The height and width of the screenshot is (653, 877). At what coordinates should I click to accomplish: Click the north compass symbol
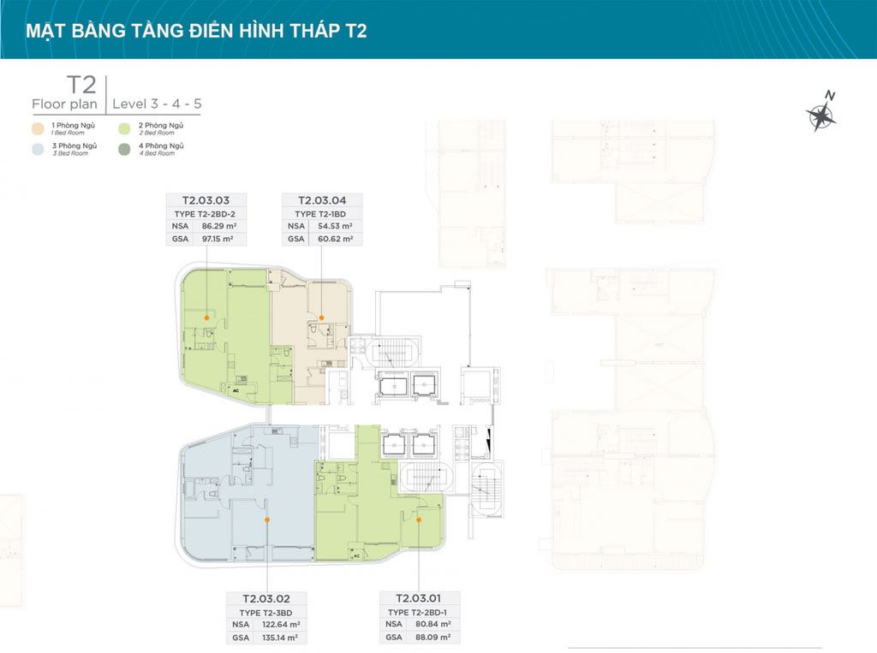(821, 114)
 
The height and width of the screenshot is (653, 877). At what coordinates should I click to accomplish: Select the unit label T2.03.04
(322, 199)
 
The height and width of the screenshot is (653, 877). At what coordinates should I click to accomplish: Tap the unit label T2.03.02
(266, 598)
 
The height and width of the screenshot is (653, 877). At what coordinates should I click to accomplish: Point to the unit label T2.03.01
(420, 597)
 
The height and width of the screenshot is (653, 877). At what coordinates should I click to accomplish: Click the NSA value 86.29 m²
(218, 226)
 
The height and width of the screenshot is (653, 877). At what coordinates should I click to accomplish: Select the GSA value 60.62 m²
(335, 240)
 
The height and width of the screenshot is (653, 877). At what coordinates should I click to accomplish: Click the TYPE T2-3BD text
(266, 612)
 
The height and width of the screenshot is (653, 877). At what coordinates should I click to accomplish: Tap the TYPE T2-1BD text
(322, 213)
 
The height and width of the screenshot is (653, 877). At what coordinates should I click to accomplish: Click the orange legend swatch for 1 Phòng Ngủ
(38, 128)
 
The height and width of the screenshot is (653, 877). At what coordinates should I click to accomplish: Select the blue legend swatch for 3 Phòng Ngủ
(38, 149)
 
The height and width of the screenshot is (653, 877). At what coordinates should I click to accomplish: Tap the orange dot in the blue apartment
(267, 519)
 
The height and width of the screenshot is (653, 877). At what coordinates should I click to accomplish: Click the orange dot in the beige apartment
(321, 315)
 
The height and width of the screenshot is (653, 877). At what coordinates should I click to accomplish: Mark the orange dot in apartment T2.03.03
(206, 317)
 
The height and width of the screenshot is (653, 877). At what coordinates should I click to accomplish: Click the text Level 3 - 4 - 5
(157, 104)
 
